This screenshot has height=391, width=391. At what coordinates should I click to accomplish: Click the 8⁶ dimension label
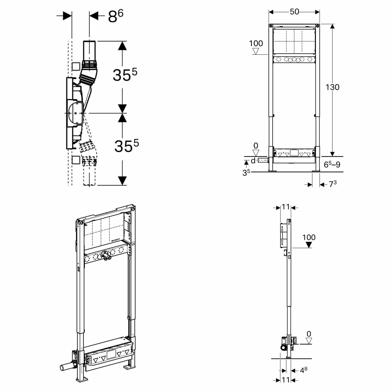(x=115, y=16)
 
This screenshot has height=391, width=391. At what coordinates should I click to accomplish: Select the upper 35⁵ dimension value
(x=125, y=75)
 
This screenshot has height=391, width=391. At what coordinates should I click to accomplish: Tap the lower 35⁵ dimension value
(x=126, y=145)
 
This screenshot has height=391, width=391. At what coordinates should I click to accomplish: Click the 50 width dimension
(x=294, y=12)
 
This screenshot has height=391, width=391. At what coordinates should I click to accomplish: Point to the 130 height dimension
(x=332, y=87)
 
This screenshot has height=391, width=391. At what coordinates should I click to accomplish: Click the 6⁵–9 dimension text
(x=332, y=164)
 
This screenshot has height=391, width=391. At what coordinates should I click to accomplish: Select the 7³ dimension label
(x=333, y=184)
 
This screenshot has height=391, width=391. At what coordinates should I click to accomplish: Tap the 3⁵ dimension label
(x=246, y=173)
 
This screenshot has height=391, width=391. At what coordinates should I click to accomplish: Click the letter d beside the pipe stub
(x=253, y=161)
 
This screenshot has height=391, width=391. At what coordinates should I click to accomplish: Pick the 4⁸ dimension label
(x=303, y=370)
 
